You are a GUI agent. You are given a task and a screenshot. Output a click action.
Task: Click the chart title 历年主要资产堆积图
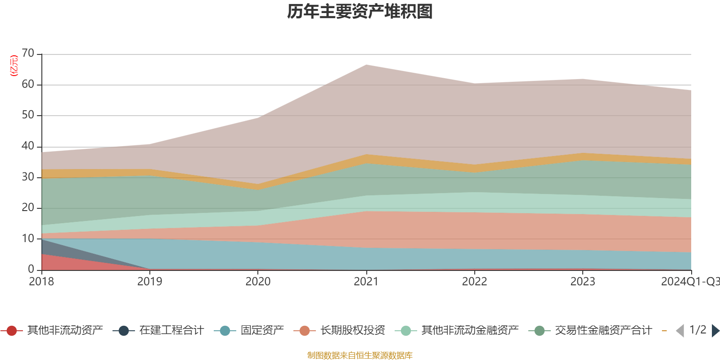(x=360, y=12)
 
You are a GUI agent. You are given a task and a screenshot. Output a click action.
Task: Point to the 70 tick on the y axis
(x=28, y=54)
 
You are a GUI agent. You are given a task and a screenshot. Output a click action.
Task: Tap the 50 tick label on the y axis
(x=28, y=115)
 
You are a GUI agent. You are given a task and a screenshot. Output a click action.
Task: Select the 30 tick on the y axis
(x=28, y=177)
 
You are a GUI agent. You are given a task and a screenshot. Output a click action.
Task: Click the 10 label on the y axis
(x=28, y=238)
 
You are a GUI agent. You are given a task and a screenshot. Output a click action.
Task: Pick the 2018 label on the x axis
(x=41, y=282)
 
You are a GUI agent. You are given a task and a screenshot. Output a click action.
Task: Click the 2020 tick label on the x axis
(x=258, y=282)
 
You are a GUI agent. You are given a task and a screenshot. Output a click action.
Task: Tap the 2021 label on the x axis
(x=366, y=282)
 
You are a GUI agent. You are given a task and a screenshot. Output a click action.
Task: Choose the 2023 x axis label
(x=583, y=282)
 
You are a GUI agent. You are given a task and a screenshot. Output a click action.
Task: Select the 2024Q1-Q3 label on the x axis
(x=689, y=282)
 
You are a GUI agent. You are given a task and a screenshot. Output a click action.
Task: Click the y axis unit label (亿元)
(x=14, y=66)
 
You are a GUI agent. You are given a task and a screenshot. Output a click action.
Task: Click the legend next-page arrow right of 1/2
(x=715, y=331)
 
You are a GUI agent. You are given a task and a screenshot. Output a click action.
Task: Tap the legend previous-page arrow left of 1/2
(x=680, y=331)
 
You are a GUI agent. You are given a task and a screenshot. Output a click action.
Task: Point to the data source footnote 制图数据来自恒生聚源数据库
(x=360, y=355)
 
